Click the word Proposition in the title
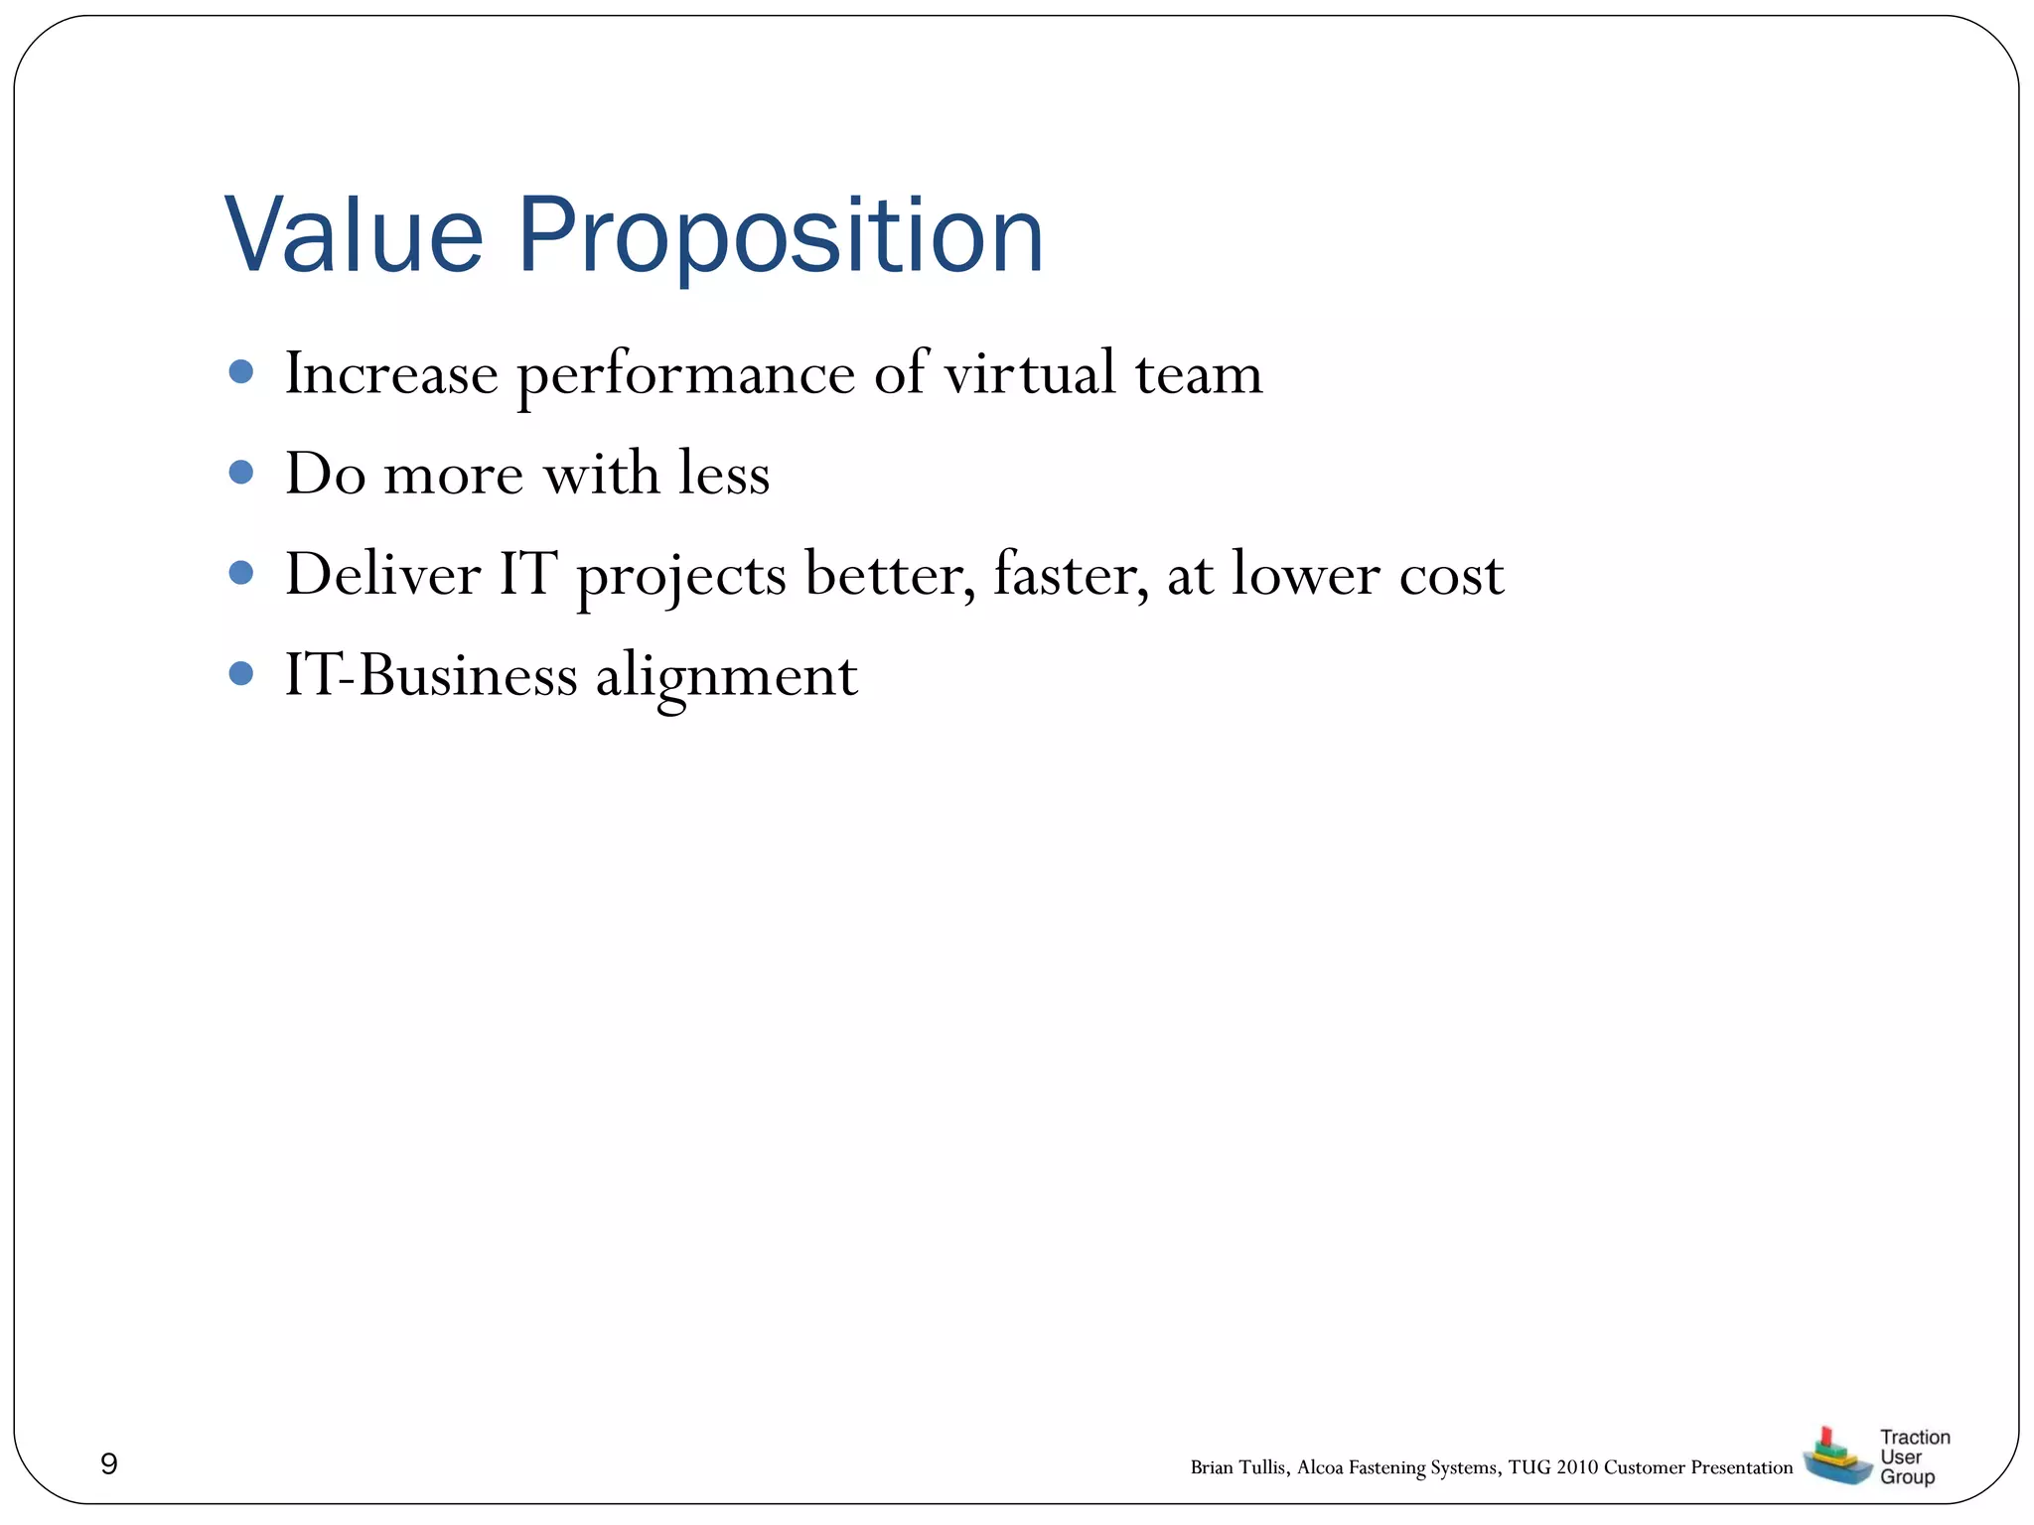point(781,238)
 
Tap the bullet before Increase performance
point(240,372)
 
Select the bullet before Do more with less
point(240,473)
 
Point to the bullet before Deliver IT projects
point(240,573)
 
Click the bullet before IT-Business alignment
point(240,674)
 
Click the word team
point(1199,374)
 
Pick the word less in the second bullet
point(724,474)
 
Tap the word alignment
point(726,678)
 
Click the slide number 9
point(109,1463)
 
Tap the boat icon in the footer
point(1835,1457)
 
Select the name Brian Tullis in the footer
point(1239,1467)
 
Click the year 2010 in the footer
point(1577,1467)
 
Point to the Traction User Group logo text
point(1913,1456)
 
